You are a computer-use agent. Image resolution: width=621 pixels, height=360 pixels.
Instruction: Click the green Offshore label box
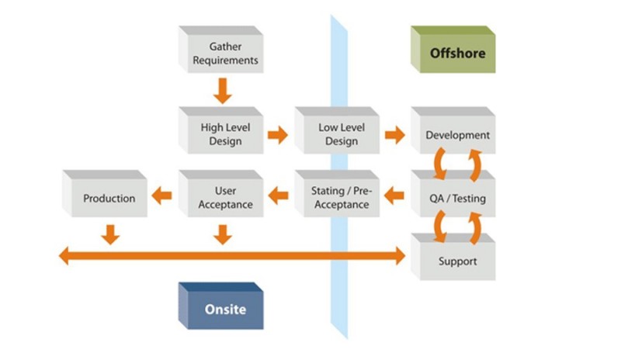tap(453, 50)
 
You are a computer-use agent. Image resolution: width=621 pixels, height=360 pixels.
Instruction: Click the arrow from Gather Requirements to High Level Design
tap(223, 91)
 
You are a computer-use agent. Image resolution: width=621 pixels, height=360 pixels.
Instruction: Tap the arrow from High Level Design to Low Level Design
tap(278, 135)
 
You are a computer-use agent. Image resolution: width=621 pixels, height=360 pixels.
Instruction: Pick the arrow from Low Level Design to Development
tap(395, 135)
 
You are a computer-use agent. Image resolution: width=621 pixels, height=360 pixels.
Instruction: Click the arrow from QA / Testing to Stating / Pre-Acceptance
tap(394, 196)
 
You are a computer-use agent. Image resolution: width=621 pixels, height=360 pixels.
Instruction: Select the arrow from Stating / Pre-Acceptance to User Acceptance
tap(279, 196)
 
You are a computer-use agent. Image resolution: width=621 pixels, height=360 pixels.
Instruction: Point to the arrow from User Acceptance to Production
tap(161, 196)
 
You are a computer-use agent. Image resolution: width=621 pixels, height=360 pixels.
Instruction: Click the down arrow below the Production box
tap(110, 235)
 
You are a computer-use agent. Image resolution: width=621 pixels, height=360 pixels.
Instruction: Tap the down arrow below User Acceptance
tap(223, 235)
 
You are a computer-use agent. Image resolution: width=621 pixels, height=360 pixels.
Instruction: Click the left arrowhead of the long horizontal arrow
tap(64, 256)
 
